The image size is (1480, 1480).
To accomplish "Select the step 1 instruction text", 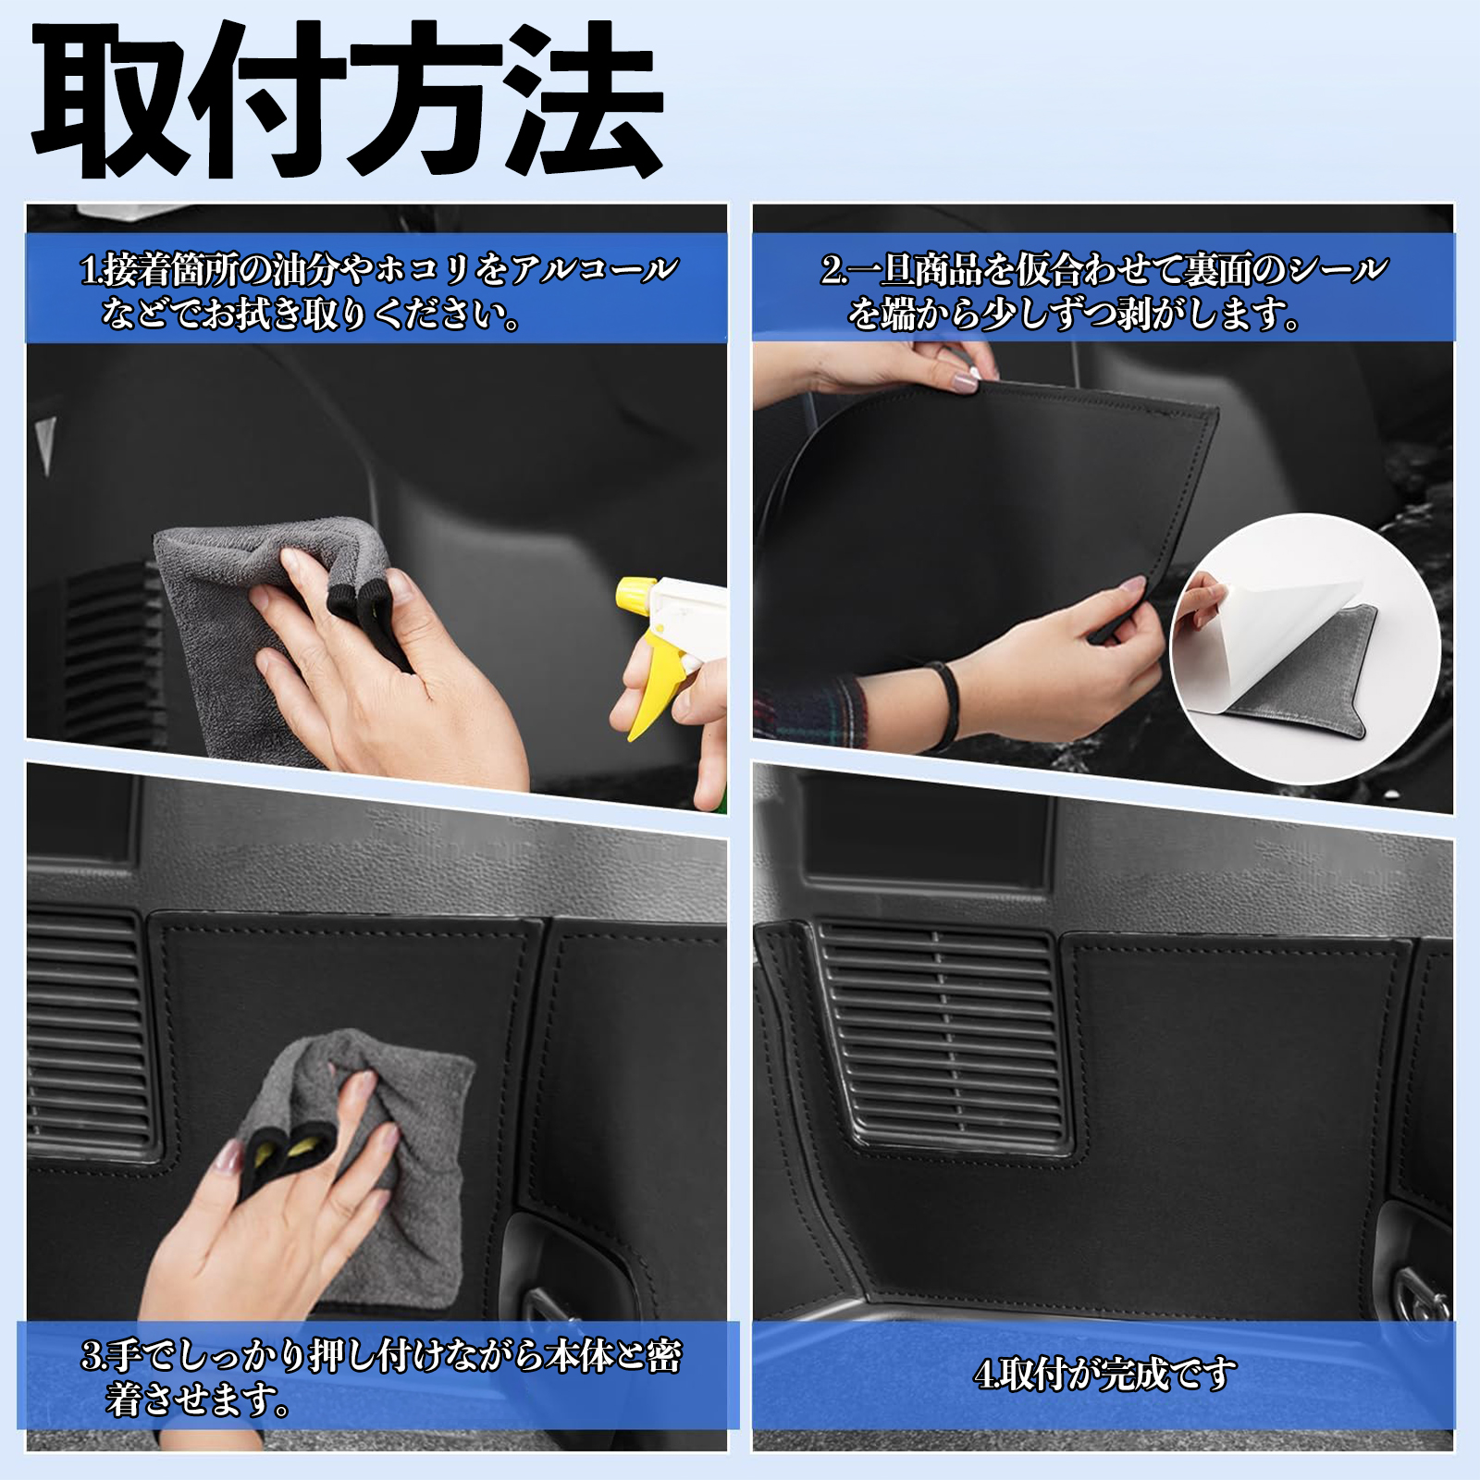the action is pyautogui.click(x=379, y=292).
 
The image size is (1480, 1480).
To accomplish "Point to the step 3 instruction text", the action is pyautogui.click(x=380, y=1379).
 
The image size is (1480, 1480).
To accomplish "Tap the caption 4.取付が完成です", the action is pyautogui.click(x=1105, y=1374).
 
